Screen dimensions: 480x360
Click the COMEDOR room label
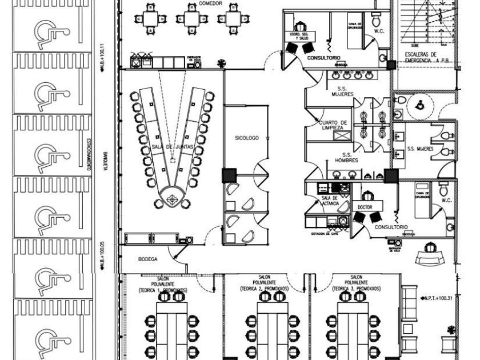pyautogui.click(x=211, y=3)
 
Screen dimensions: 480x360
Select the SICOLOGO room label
pyautogui.click(x=247, y=138)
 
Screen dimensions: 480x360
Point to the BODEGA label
pyautogui.click(x=147, y=259)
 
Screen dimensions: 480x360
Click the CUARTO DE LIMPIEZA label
pyautogui.click(x=333, y=125)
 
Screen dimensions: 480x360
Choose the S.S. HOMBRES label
pyautogui.click(x=346, y=157)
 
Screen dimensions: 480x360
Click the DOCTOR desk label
pyautogui.click(x=365, y=207)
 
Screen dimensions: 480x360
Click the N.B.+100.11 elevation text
pyautogui.click(x=102, y=58)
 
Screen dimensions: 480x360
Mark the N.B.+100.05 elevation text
pyautogui.click(x=102, y=255)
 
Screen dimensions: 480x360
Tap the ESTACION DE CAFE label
pyautogui.click(x=325, y=234)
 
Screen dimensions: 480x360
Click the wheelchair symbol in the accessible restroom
pyautogui.click(x=419, y=105)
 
